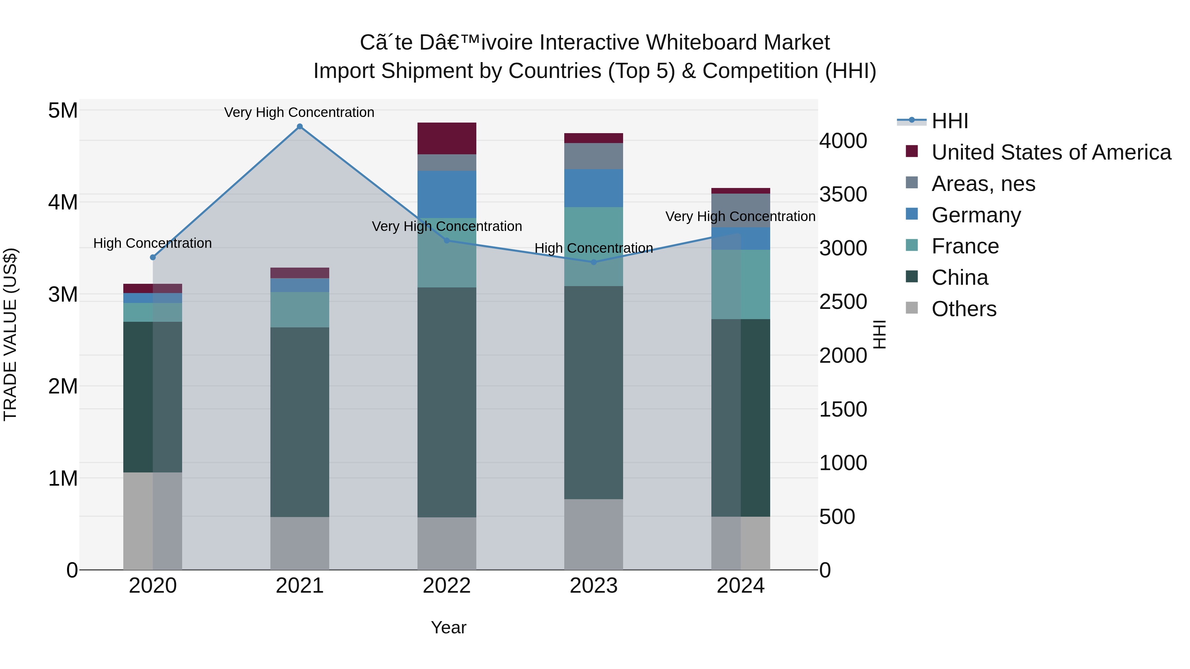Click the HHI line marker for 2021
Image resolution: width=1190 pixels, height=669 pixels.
click(299, 127)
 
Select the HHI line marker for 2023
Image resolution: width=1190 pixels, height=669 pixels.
click(594, 262)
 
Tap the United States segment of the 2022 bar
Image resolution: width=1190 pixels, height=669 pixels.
click(447, 138)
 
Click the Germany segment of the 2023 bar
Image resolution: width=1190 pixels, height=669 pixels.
click(594, 188)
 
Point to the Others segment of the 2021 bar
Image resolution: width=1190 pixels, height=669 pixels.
click(299, 543)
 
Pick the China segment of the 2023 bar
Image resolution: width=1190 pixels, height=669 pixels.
click(594, 392)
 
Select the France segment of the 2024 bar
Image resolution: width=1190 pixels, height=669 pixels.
click(740, 284)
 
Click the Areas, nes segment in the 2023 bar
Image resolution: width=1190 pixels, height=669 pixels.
click(594, 156)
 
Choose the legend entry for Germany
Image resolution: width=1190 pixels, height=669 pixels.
click(976, 215)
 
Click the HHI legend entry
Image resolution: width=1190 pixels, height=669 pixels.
click(949, 121)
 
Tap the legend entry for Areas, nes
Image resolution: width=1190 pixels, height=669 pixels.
click(983, 184)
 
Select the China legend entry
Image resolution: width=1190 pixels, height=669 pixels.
click(960, 278)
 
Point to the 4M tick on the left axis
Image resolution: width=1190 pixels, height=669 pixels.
click(63, 202)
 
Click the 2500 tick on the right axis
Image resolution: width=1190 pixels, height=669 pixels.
click(843, 302)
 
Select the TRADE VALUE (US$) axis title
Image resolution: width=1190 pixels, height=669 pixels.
click(10, 334)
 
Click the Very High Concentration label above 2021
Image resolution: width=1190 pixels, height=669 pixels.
click(299, 112)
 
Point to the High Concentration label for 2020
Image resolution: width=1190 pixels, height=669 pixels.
click(152, 243)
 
